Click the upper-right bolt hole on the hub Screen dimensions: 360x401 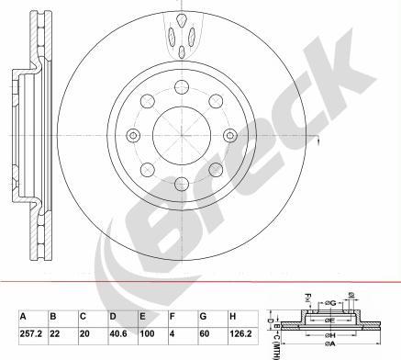point(213,99)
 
